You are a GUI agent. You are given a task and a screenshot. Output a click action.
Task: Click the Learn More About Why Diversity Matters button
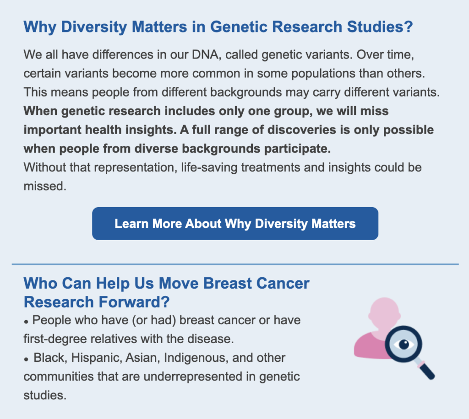coord(235,224)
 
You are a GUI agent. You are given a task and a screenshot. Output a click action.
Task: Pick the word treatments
coord(270,167)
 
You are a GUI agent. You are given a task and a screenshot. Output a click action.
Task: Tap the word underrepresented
coord(193,377)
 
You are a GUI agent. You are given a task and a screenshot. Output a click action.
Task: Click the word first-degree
coord(55,339)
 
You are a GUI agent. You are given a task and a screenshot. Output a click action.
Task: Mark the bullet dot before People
coord(26,322)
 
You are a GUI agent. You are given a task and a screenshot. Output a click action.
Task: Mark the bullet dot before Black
coord(26,360)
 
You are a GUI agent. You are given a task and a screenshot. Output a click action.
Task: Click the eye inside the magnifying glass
coord(404,344)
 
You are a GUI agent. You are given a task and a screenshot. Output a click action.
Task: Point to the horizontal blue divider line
coord(235,264)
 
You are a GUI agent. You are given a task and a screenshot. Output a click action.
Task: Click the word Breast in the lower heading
coord(228,284)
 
